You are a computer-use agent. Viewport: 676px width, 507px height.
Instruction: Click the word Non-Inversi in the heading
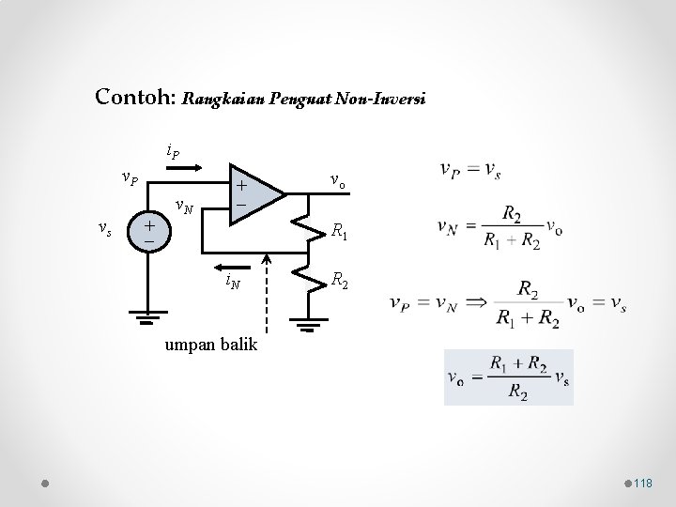[383, 98]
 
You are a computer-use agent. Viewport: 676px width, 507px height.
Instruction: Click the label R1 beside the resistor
[340, 232]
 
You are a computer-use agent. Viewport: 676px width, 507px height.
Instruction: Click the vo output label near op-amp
[338, 181]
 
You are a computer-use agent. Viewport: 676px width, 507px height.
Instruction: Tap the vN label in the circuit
[184, 207]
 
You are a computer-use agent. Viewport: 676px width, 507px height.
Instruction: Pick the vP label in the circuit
[129, 177]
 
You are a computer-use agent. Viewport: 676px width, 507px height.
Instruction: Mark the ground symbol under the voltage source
[148, 317]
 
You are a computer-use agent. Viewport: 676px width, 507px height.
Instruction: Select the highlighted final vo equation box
[508, 376]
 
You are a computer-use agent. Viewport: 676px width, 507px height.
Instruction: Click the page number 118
[643, 483]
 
